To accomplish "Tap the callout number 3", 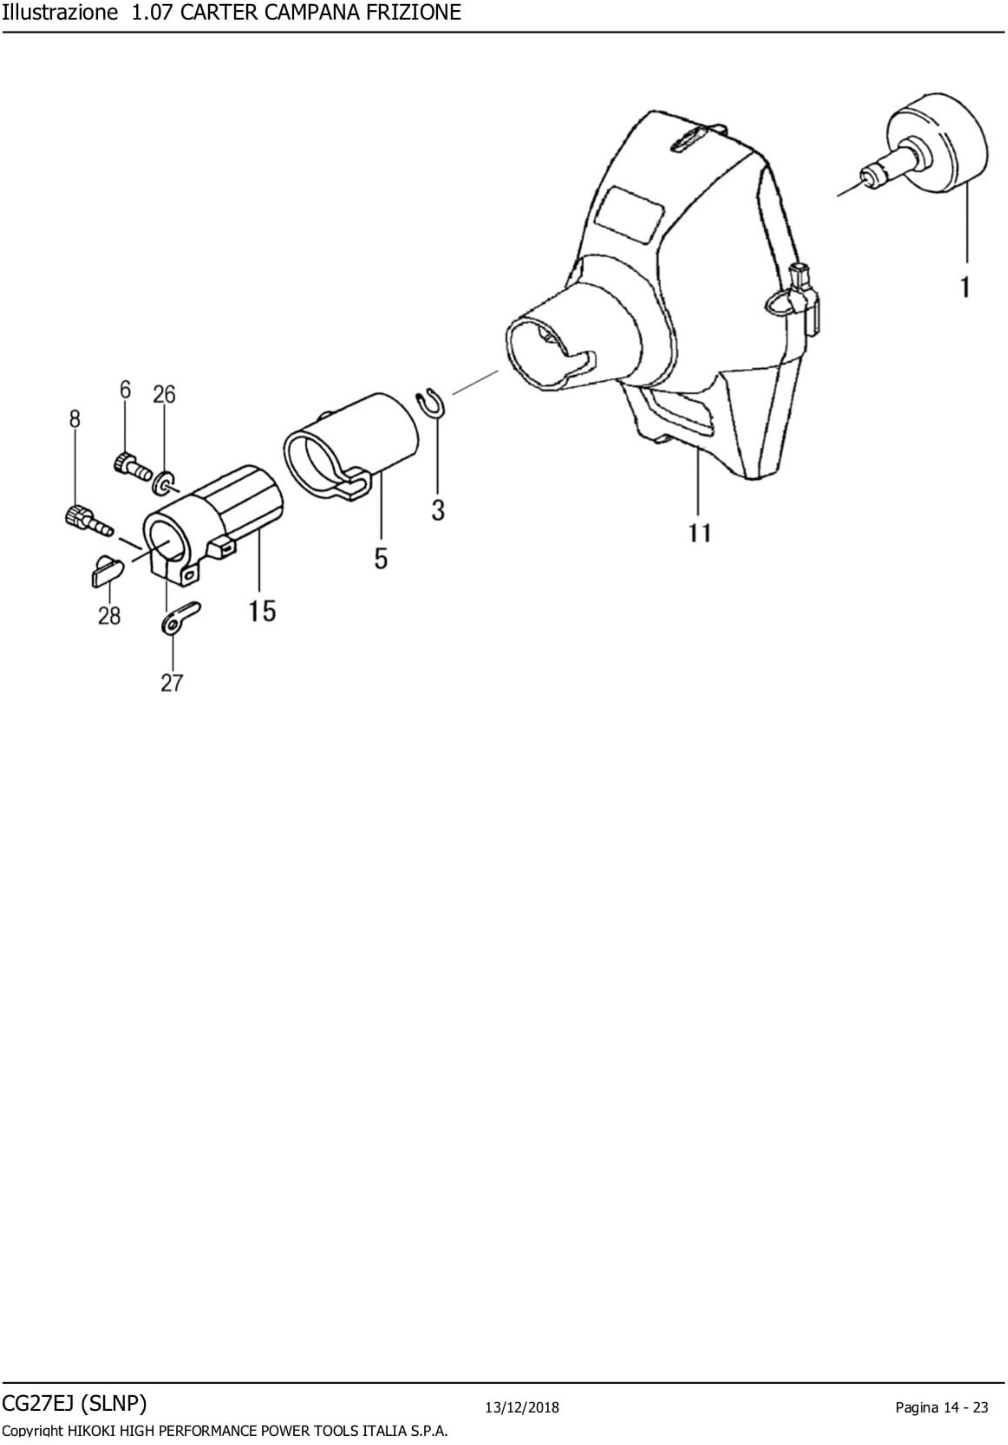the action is click(438, 510).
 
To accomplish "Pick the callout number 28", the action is click(109, 615).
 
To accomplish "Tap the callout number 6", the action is click(125, 390).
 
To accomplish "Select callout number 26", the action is click(164, 395).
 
